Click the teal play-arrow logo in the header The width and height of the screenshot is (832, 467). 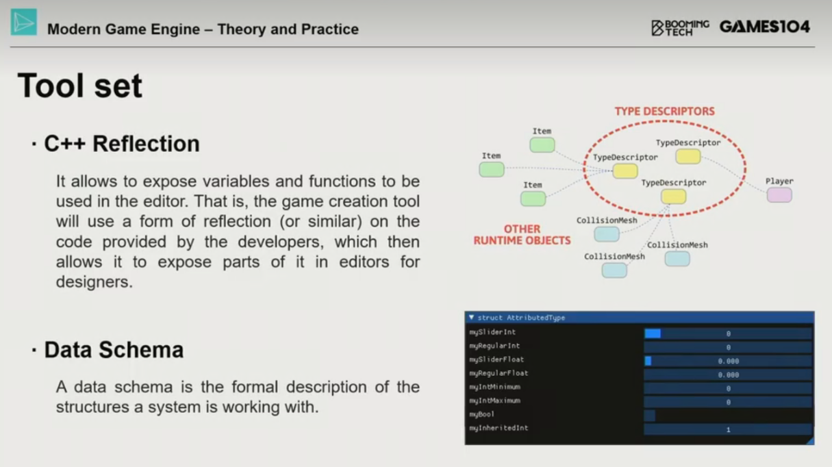pyautogui.click(x=24, y=23)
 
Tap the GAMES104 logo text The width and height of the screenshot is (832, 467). pyautogui.click(x=765, y=27)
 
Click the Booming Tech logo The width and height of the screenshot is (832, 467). pyautogui.click(x=680, y=28)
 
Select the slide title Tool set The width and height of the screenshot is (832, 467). pyautogui.click(x=80, y=86)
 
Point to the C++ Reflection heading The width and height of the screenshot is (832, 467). pyautogui.click(x=122, y=144)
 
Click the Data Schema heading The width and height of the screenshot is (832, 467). pyautogui.click(x=114, y=350)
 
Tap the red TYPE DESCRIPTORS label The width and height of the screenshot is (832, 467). pyautogui.click(x=664, y=111)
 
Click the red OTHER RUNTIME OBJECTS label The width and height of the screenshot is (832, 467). pyautogui.click(x=522, y=235)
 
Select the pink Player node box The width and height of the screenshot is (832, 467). pyautogui.click(x=779, y=195)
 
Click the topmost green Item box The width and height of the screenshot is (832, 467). pyautogui.click(x=542, y=145)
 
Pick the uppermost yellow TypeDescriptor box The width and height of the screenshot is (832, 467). pyautogui.click(x=688, y=156)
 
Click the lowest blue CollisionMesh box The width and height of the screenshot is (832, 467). pyautogui.click(x=614, y=270)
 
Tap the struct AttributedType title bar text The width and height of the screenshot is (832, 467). pyautogui.click(x=520, y=318)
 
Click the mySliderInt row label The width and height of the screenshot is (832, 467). pyautogui.click(x=492, y=332)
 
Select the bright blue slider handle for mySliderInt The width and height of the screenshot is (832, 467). pyautogui.click(x=653, y=333)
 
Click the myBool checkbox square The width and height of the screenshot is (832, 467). pyautogui.click(x=650, y=416)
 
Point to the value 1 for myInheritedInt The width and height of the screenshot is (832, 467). pyautogui.click(x=728, y=429)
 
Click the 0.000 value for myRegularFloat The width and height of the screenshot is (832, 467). pyautogui.click(x=728, y=375)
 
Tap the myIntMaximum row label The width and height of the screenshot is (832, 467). pyautogui.click(x=494, y=401)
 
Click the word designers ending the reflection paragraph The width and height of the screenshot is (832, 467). pyautogui.click(x=94, y=282)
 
